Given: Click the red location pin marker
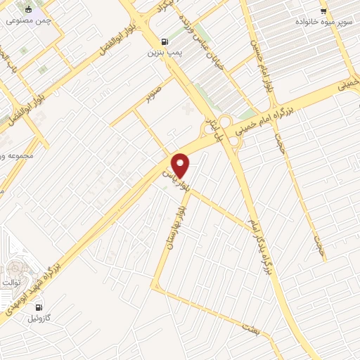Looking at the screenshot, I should pos(181,165).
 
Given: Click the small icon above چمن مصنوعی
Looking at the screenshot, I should pos(28,10).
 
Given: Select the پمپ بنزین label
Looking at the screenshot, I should pos(165,52).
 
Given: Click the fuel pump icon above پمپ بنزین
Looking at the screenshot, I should pos(165,41).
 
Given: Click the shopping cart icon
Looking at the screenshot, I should pos(323,11).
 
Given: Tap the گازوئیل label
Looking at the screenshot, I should pos(38,318).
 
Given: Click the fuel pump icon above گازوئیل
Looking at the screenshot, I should pos(38,307).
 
